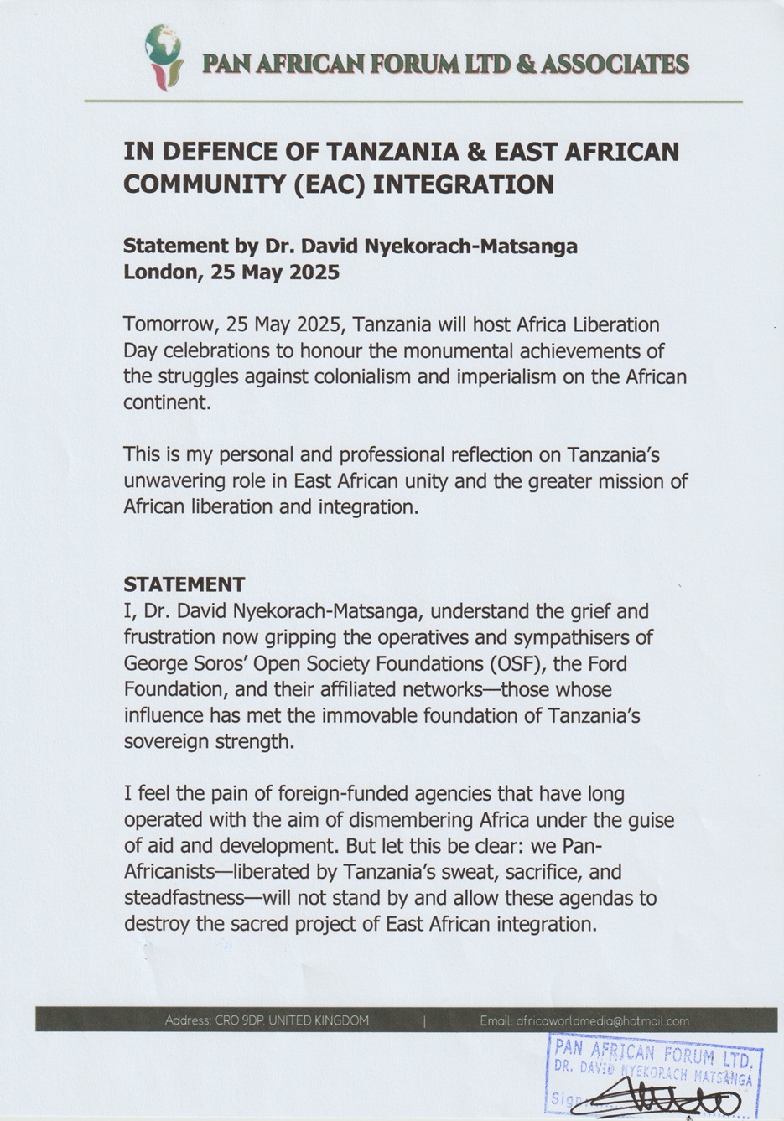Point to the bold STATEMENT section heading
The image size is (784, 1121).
tap(184, 584)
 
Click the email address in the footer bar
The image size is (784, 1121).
tap(584, 1021)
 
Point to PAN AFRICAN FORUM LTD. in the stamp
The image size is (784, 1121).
tap(653, 1052)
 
